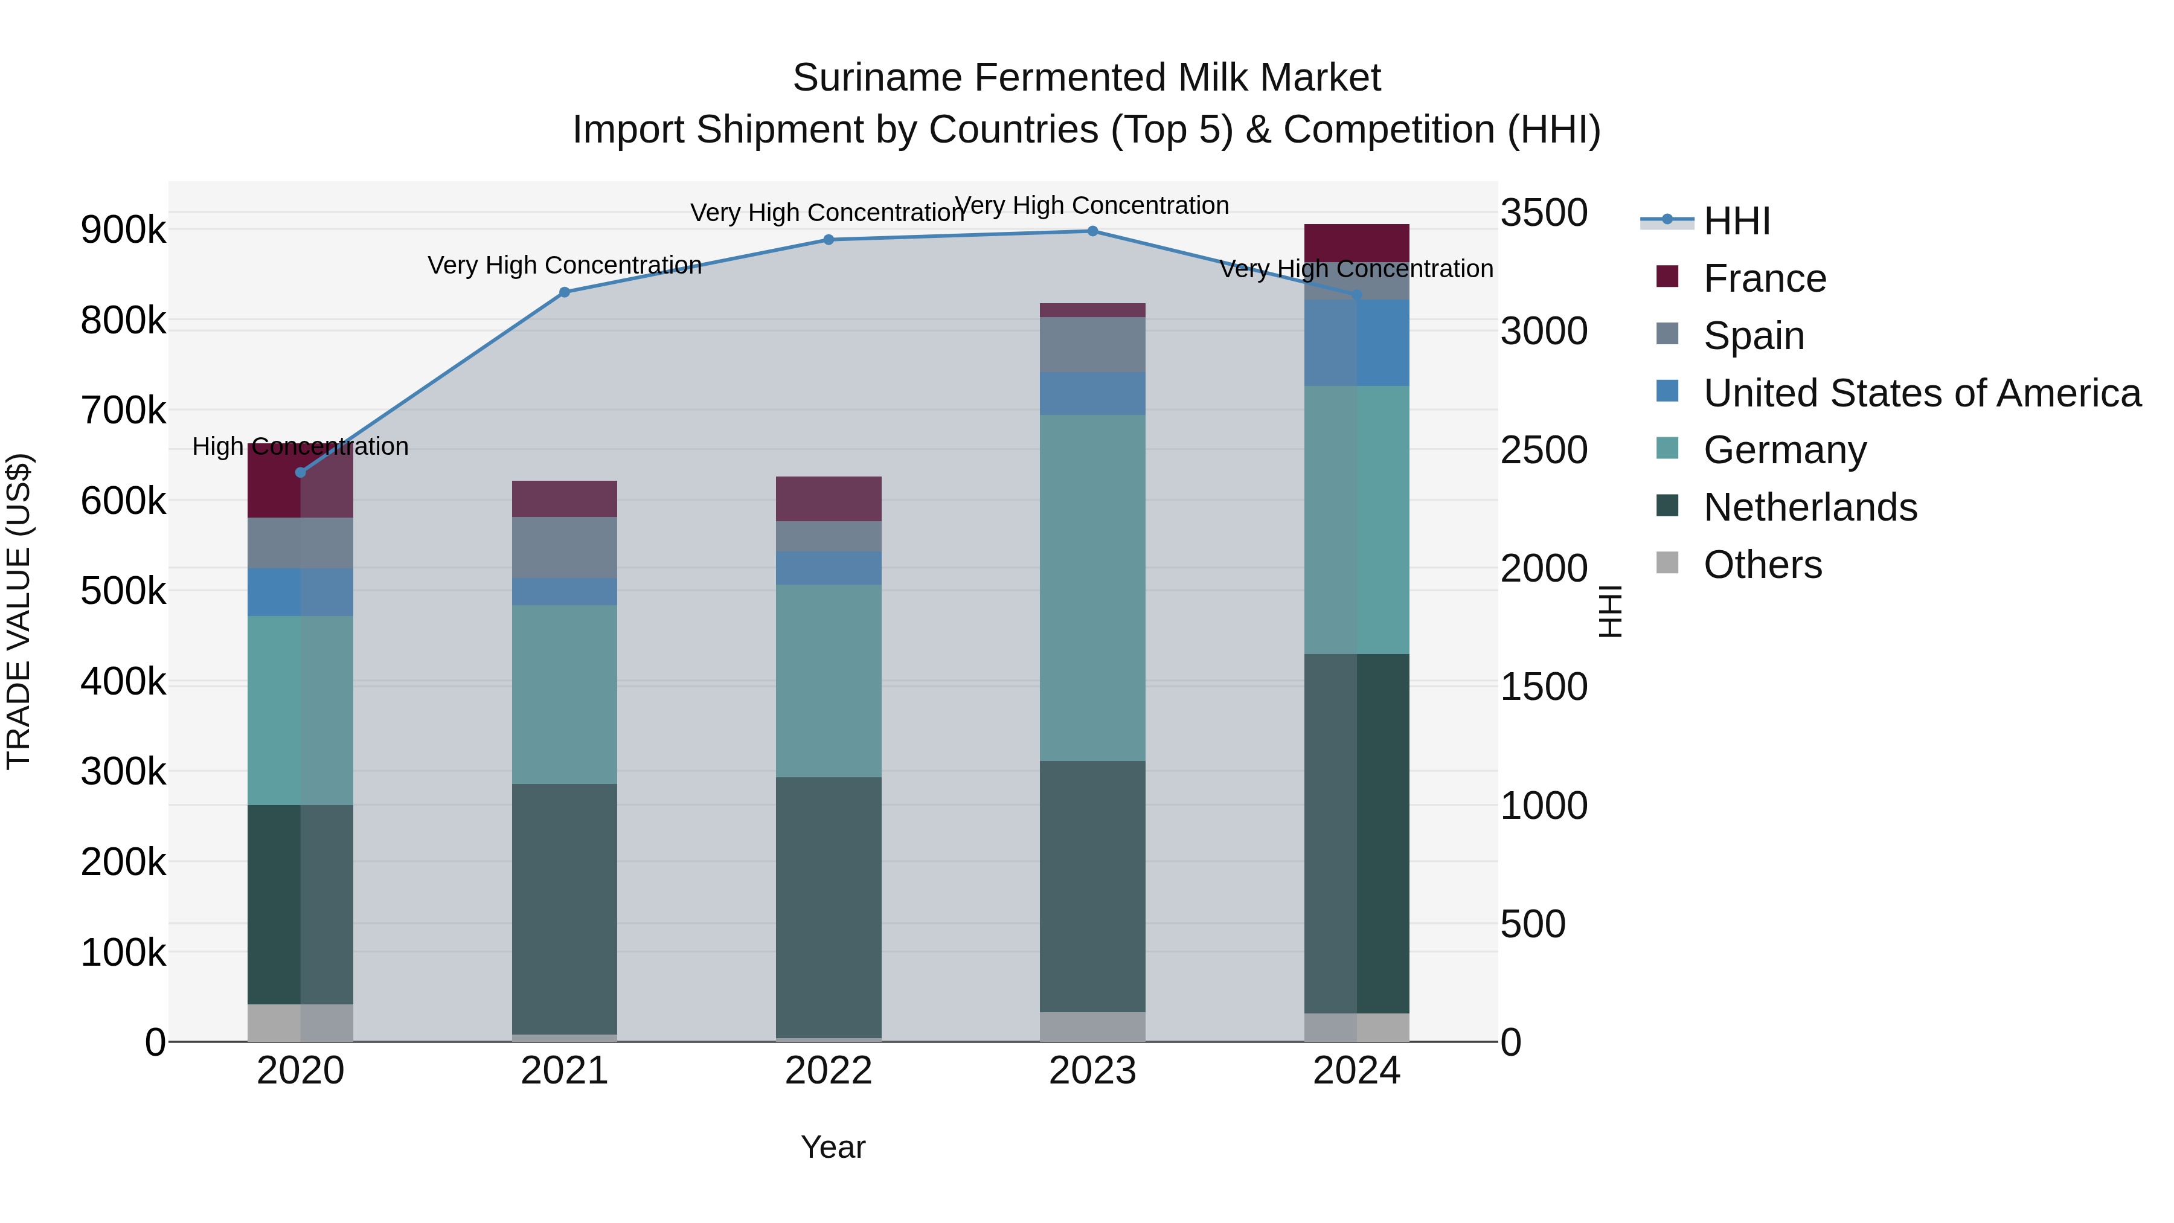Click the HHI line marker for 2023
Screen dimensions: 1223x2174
pos(1092,231)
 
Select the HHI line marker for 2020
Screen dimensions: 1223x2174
pos(301,473)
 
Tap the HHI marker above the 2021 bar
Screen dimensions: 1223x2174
pos(565,292)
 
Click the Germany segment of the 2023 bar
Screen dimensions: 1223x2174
pos(1092,588)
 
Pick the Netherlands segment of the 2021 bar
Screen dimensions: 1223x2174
pos(565,908)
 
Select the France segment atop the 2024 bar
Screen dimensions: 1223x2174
pos(1356,243)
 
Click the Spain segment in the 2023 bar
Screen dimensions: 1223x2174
pos(1092,344)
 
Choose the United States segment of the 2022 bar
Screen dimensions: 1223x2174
pos(828,568)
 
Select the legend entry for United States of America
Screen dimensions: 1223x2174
pos(1921,393)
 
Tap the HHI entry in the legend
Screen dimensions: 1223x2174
pos(1736,221)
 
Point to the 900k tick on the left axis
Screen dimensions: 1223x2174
pos(123,230)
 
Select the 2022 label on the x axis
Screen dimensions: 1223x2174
pos(828,1071)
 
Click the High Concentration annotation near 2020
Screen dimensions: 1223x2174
pos(301,446)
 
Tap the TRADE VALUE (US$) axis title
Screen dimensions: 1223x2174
pos(19,611)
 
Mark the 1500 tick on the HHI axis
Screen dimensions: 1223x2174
pos(1543,687)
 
